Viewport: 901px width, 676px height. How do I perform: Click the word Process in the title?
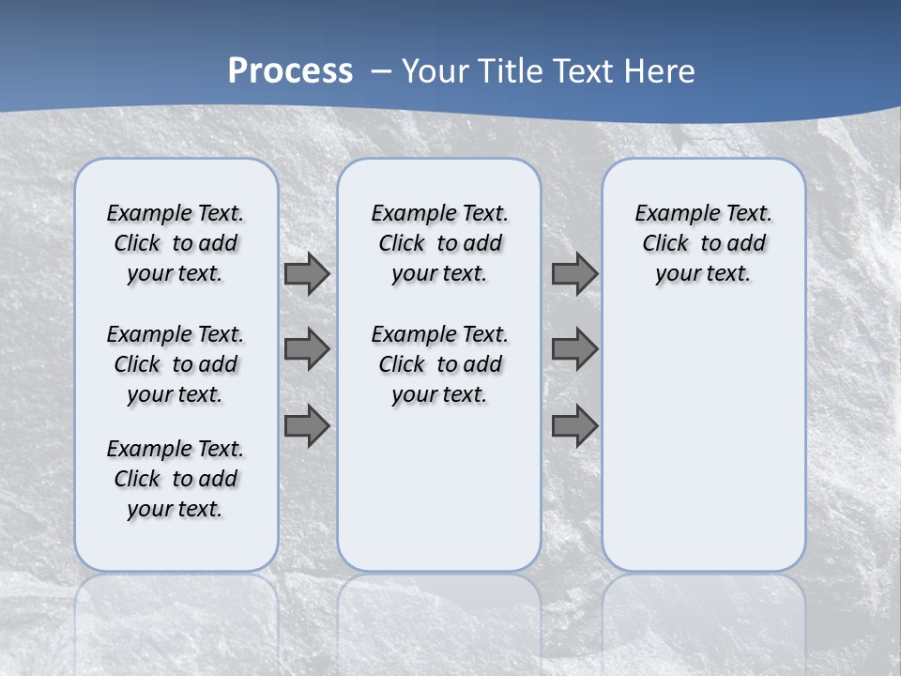(290, 70)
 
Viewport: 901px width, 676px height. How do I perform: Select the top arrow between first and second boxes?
(307, 274)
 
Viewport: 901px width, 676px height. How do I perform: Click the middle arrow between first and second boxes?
(307, 349)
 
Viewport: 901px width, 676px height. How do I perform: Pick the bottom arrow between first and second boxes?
(307, 425)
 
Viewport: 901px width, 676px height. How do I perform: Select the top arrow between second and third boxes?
(574, 274)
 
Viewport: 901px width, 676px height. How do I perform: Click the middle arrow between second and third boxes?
(574, 349)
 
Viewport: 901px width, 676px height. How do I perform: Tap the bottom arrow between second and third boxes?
(574, 425)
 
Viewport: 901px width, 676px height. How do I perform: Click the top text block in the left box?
(176, 243)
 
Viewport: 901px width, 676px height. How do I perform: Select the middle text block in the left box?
(176, 364)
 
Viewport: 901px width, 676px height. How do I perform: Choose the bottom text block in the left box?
(176, 479)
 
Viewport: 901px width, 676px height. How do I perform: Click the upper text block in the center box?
(439, 243)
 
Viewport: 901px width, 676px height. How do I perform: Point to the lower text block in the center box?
(439, 364)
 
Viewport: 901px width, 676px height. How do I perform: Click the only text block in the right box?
(703, 243)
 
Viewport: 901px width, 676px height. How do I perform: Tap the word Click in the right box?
(665, 244)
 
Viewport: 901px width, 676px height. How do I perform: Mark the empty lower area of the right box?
(703, 432)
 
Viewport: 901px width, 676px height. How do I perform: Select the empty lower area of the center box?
(439, 488)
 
